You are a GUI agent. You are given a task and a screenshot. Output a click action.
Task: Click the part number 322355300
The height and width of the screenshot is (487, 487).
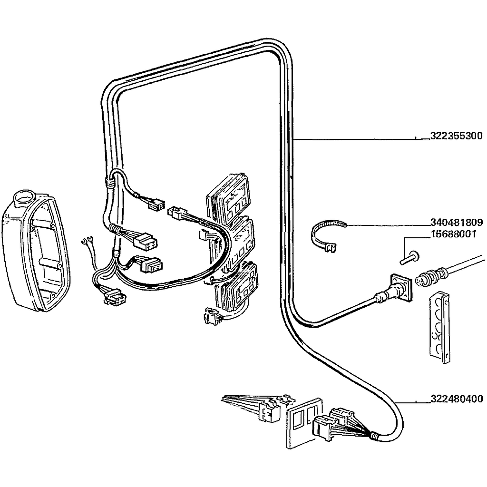tap(456, 136)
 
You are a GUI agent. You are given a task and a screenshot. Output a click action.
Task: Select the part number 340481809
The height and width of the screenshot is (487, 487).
tap(456, 222)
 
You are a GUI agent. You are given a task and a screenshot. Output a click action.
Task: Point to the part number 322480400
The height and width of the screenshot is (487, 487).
tap(456, 399)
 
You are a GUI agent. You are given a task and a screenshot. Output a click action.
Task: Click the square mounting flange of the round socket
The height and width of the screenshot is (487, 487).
tap(399, 287)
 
